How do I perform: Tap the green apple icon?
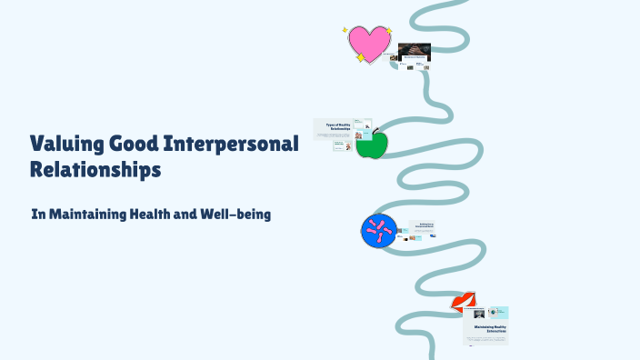tap(371, 144)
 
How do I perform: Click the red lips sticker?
tap(464, 301)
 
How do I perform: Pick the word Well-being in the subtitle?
tap(245, 215)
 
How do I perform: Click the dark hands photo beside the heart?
tap(415, 51)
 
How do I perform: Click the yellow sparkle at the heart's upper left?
tap(345, 30)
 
